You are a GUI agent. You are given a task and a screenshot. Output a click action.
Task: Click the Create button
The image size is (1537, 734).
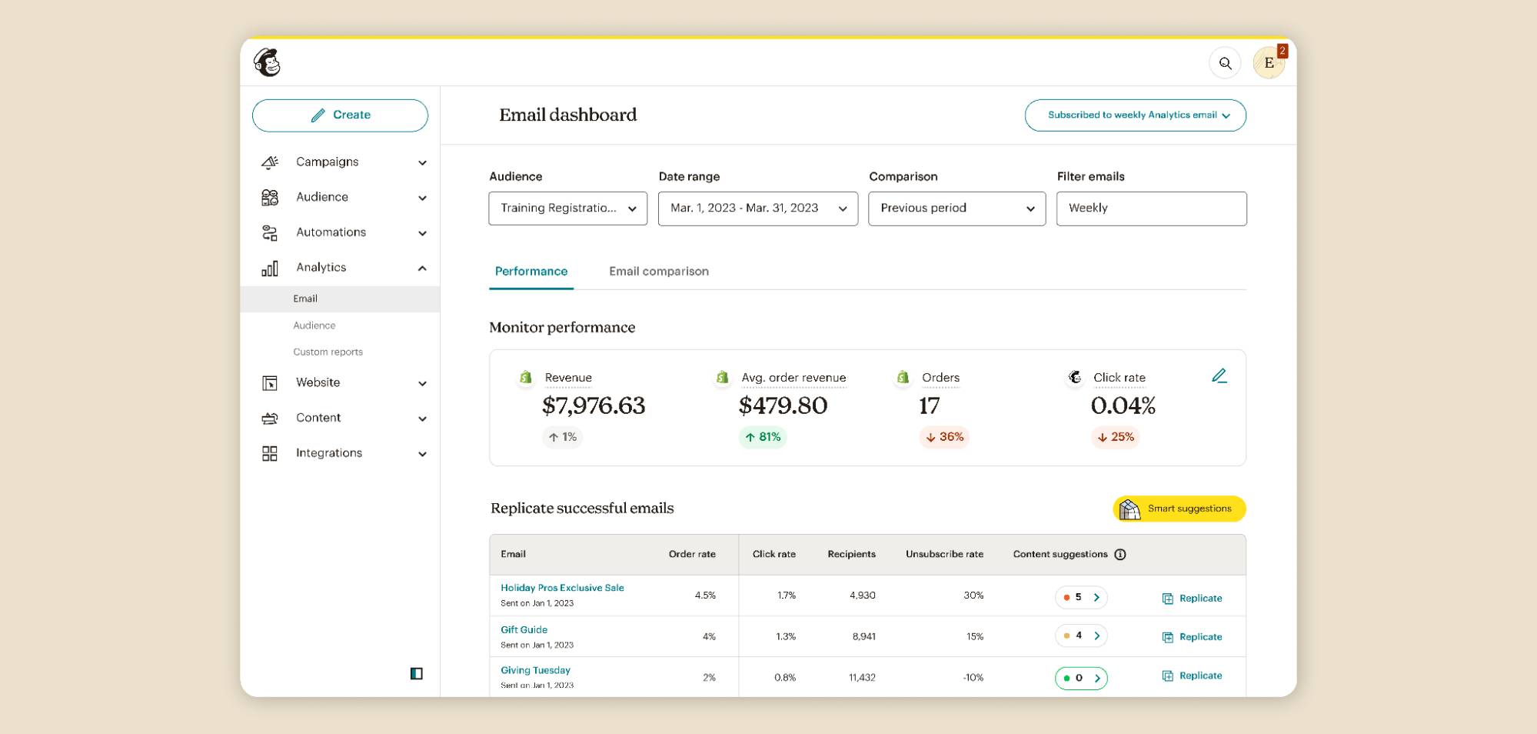coord(340,115)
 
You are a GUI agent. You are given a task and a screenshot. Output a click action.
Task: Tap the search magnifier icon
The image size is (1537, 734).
coord(1225,63)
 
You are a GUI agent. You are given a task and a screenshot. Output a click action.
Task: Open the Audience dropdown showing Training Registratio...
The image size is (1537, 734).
coord(567,209)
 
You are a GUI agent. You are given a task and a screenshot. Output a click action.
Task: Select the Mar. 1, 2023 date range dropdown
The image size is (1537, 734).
coord(757,209)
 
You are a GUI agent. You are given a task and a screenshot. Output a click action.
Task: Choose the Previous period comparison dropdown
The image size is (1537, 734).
coord(956,209)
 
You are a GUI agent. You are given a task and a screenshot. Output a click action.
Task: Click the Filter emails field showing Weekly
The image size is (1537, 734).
coord(1150,209)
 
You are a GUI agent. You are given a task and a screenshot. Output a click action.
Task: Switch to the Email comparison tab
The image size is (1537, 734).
coord(658,272)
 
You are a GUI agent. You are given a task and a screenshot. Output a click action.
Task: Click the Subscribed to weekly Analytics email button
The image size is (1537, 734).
coord(1135,115)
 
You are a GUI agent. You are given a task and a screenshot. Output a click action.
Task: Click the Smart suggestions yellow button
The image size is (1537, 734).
coord(1179,509)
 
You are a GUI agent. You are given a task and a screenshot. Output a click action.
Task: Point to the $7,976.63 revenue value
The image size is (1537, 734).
coord(593,405)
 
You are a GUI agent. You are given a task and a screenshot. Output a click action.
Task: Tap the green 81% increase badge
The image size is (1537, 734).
coord(762,437)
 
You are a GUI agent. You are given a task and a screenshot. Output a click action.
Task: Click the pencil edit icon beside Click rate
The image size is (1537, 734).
coord(1219,376)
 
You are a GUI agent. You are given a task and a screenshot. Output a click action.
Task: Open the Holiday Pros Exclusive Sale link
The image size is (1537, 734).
coord(562,588)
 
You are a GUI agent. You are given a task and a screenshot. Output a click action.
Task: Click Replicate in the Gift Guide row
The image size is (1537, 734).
coord(1192,637)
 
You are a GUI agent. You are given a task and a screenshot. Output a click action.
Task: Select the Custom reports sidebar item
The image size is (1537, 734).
coord(328,352)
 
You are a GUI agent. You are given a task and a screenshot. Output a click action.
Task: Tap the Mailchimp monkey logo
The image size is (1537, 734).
coord(268,63)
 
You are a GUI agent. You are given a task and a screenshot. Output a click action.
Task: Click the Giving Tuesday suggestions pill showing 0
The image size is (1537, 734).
coord(1080,678)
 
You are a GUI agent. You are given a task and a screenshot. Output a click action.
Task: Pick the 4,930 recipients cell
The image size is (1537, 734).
coord(862,596)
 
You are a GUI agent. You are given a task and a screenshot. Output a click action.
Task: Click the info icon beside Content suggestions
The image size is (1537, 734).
coord(1119,555)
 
